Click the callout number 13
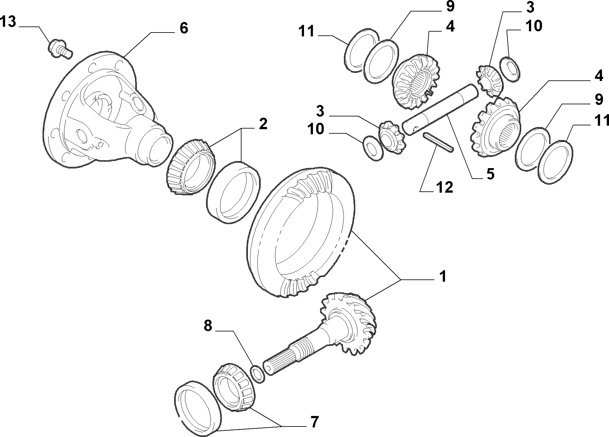click(8, 23)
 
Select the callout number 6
click(184, 28)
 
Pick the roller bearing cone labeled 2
click(191, 166)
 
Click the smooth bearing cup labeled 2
click(234, 192)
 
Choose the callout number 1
click(442, 277)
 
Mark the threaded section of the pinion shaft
click(305, 348)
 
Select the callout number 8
click(208, 326)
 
